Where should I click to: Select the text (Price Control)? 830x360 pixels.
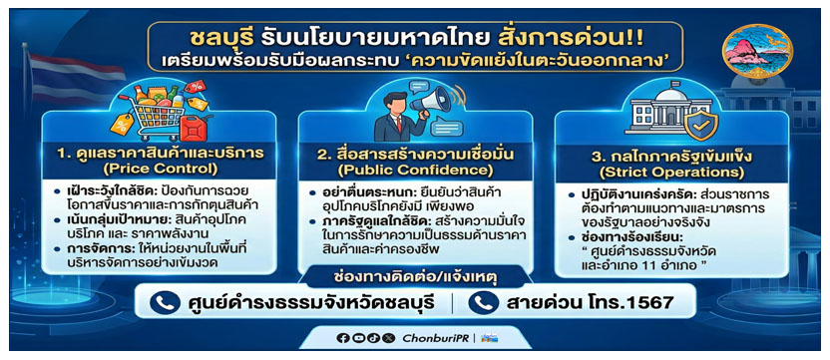click(x=154, y=170)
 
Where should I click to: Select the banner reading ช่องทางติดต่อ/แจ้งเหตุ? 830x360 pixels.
click(x=415, y=272)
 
